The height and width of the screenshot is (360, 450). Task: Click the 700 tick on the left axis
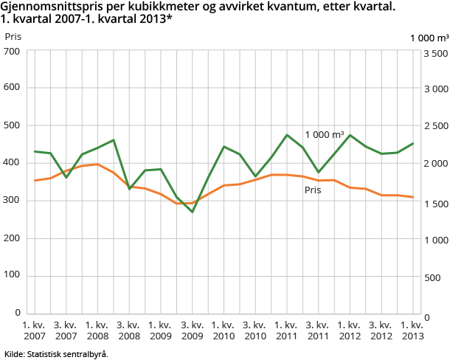click(13, 51)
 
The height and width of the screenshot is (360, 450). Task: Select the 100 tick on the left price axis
click(13, 275)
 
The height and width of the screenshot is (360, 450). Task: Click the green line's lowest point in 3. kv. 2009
click(193, 212)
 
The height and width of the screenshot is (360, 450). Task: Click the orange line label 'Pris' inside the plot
click(313, 190)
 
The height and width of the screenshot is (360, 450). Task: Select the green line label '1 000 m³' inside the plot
click(325, 135)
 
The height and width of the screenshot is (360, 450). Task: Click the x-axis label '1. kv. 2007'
click(35, 330)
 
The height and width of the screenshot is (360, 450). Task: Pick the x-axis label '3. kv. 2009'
click(193, 330)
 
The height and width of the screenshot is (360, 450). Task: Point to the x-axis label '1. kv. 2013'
click(412, 330)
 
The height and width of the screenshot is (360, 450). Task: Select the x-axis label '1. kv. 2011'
click(287, 330)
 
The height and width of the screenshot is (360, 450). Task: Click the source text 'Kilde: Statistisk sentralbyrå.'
click(57, 354)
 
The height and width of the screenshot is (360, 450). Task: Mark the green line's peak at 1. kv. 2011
click(287, 135)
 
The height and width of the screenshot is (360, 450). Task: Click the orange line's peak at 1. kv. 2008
click(98, 165)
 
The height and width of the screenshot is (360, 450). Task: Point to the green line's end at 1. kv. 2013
click(413, 144)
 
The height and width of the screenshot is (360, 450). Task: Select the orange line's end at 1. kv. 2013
click(413, 197)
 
